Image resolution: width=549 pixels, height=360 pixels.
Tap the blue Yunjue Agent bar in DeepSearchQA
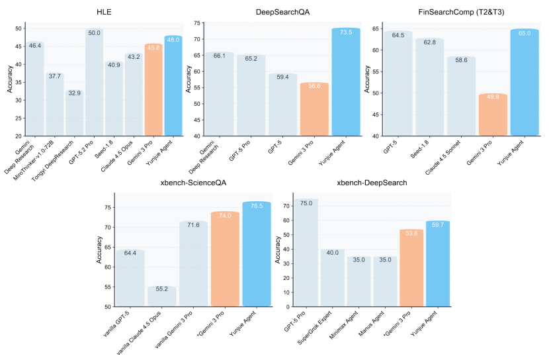345,83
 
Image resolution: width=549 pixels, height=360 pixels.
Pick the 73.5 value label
345,32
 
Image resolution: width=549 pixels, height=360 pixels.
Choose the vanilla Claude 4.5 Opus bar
161,296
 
